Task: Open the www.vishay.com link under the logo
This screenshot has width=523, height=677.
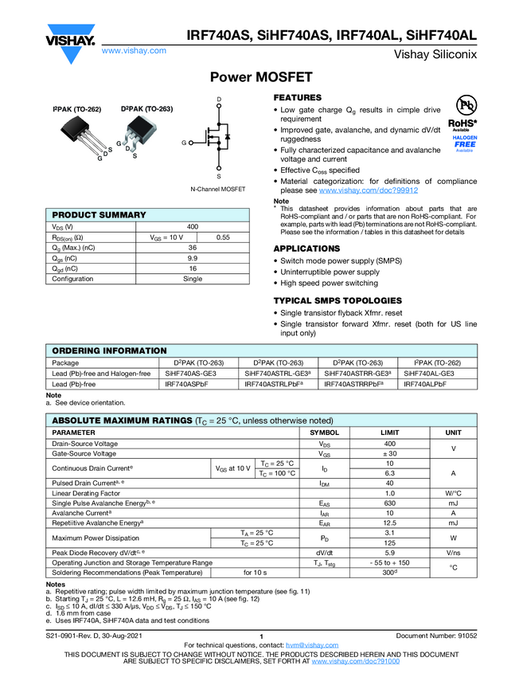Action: pos(134,50)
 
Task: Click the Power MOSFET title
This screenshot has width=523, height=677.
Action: pos(261,77)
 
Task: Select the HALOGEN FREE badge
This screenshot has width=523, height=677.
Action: pos(465,143)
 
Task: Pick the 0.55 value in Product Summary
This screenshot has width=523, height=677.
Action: pos(224,237)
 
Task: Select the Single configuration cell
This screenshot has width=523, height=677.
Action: pos(193,279)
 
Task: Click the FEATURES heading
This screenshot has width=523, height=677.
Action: pos(298,97)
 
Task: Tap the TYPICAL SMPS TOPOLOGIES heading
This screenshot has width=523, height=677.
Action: pos(338,300)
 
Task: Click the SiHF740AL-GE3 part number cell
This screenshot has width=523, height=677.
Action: pos(428,373)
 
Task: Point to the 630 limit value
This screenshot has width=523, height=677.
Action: pos(389,503)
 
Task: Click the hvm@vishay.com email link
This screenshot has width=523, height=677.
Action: pos(306,644)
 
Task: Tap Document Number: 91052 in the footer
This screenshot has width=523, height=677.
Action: pos(435,636)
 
